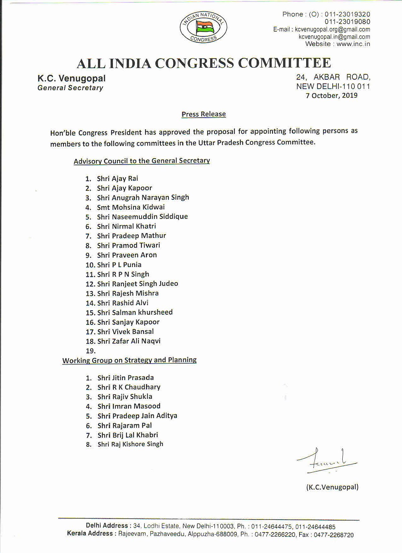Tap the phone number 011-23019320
click(x=347, y=14)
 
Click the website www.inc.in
click(x=353, y=44)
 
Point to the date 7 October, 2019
click(x=332, y=96)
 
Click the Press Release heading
click(x=204, y=114)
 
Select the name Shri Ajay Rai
click(x=117, y=179)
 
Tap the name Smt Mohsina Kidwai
click(x=131, y=207)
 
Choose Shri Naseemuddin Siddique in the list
click(x=142, y=217)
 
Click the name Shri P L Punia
click(x=119, y=265)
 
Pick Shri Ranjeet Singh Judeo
click(x=137, y=284)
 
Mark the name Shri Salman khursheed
click(x=135, y=312)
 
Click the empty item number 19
click(x=91, y=351)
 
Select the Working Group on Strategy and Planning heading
click(x=129, y=360)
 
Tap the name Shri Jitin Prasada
click(x=126, y=378)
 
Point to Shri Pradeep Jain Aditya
click(x=137, y=416)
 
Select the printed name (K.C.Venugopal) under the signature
click(x=332, y=487)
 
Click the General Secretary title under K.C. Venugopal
click(x=70, y=88)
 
